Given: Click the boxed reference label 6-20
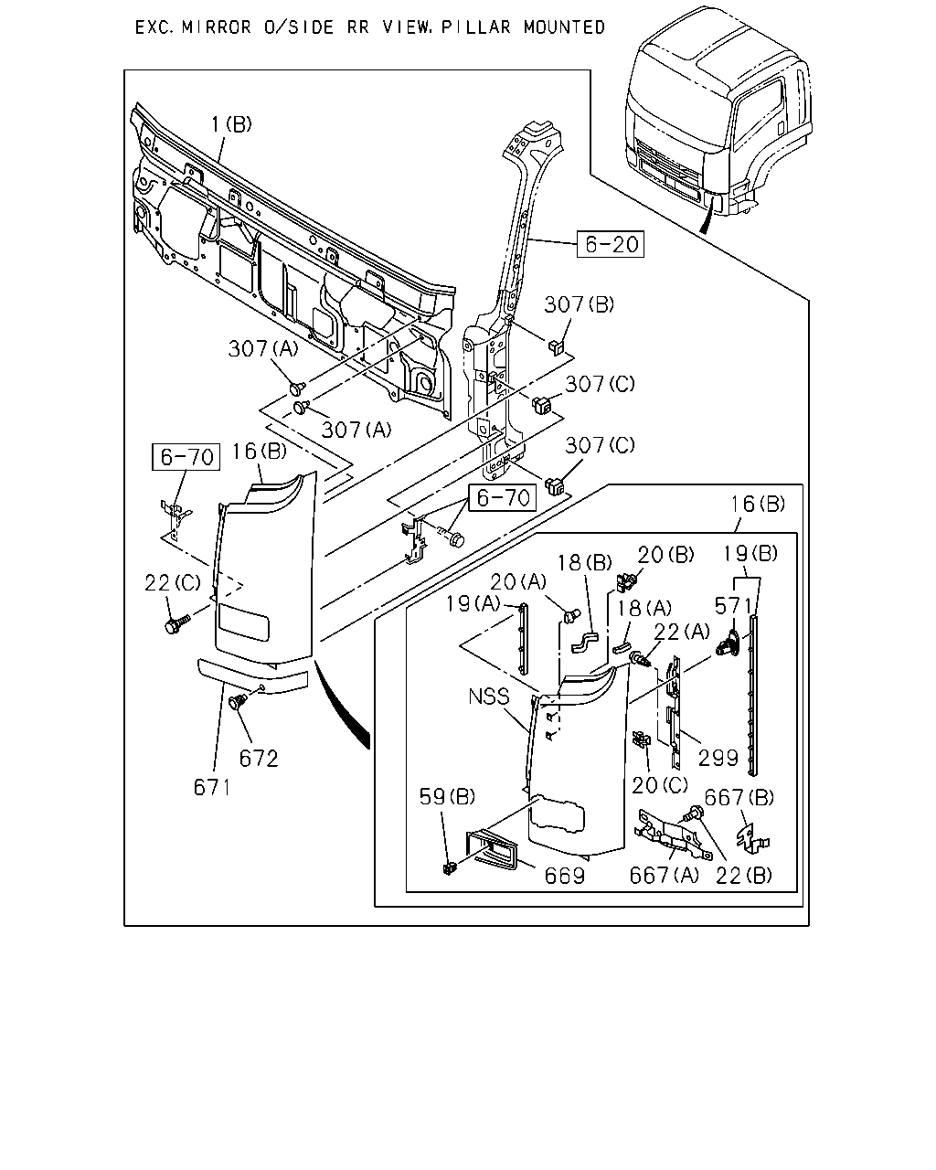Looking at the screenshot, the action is (x=611, y=244).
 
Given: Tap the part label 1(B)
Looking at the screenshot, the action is (x=231, y=124).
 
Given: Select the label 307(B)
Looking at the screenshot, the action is (x=580, y=304).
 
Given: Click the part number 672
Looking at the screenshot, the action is (x=259, y=759).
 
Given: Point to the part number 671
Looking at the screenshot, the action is (x=212, y=787).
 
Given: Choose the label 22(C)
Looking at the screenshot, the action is (x=173, y=583).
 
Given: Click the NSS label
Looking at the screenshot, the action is (x=489, y=697).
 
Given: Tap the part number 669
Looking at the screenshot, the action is (x=565, y=876).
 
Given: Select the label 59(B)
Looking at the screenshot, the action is (x=447, y=796).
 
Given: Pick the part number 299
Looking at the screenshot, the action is (x=718, y=758).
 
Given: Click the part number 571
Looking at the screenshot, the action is (x=732, y=606).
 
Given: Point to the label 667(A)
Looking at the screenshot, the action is (x=664, y=876).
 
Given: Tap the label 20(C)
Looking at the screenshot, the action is (x=660, y=784).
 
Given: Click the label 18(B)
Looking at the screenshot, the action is (x=585, y=563).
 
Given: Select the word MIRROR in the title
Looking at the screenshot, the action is (x=217, y=27).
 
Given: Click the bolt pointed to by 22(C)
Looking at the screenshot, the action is (x=176, y=624).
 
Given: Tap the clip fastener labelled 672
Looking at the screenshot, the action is (x=238, y=701).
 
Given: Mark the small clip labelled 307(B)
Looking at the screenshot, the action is (x=556, y=346).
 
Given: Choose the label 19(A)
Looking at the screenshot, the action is (x=473, y=604).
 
